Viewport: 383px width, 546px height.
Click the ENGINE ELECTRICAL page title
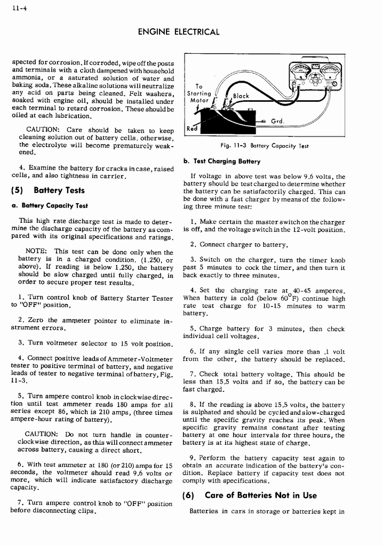178,32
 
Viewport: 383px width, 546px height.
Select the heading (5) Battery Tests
48,190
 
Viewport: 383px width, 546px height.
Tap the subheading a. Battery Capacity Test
50,206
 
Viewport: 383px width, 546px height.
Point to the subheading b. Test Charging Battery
221,162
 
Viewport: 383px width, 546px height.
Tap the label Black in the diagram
241,97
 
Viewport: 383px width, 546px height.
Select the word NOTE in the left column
36,252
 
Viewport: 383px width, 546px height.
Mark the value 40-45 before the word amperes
296,291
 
